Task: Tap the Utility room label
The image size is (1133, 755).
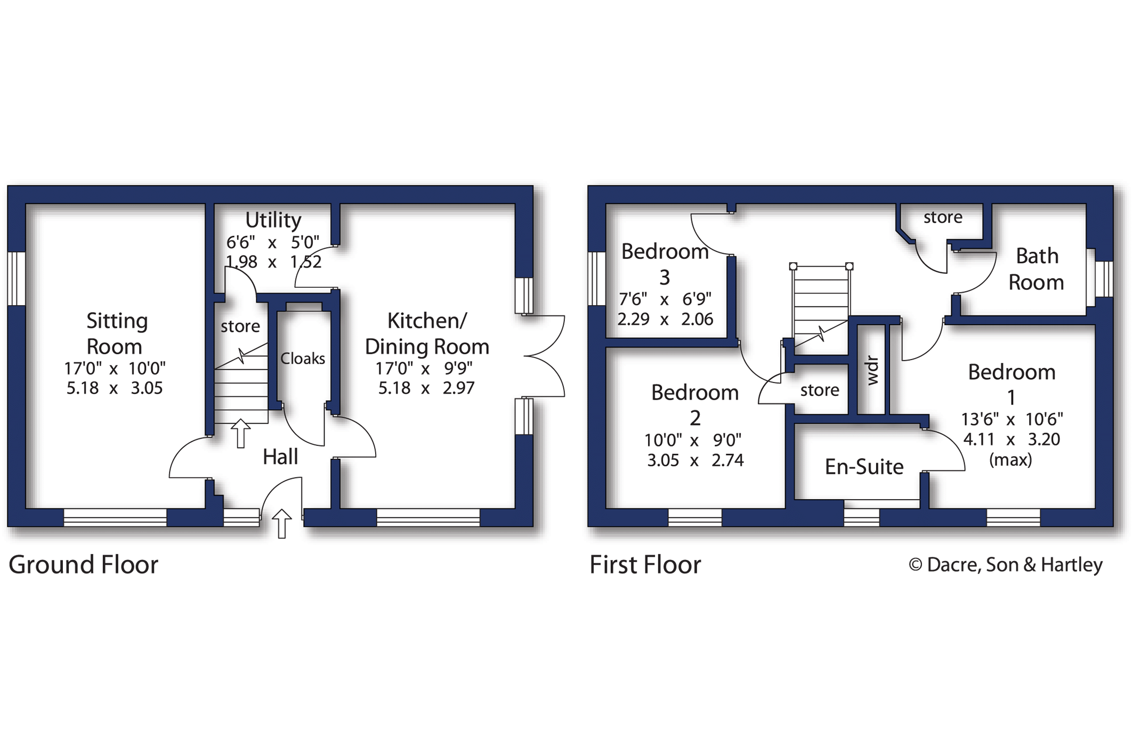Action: tap(273, 220)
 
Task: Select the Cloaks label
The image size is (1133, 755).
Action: tap(302, 359)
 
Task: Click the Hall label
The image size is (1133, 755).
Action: tap(280, 457)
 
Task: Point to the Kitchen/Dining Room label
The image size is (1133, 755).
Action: tap(426, 334)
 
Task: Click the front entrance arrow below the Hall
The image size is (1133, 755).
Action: tap(282, 523)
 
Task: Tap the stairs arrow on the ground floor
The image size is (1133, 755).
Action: tap(240, 433)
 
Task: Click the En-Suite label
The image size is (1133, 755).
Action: tap(864, 467)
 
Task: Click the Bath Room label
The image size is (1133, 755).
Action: tap(1036, 269)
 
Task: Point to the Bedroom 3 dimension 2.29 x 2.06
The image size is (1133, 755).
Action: tap(665, 319)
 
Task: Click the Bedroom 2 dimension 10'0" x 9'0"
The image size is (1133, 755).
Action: tap(693, 440)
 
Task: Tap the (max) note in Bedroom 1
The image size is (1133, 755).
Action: tap(1010, 459)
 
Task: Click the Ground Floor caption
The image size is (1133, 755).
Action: tap(84, 565)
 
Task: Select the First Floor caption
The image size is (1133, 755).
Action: tap(645, 565)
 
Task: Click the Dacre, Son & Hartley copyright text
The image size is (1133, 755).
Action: tap(1005, 565)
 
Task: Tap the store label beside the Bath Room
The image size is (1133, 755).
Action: tap(943, 217)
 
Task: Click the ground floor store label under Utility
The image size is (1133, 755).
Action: tap(240, 326)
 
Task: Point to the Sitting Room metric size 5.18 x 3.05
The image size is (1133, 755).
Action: tap(114, 388)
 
